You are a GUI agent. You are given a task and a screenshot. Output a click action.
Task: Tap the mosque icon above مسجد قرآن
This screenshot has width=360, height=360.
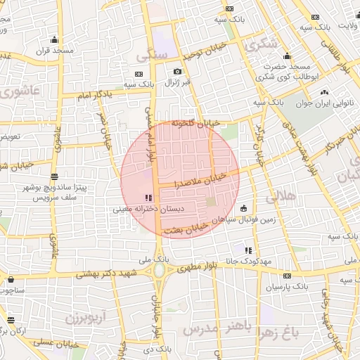pyautogui.click(x=55, y=39)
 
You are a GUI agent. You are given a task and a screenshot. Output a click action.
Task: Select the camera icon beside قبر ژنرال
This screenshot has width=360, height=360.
pyautogui.click(x=177, y=71)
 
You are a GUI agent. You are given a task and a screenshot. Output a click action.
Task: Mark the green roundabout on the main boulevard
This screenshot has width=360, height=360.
pyautogui.click(x=160, y=269)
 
